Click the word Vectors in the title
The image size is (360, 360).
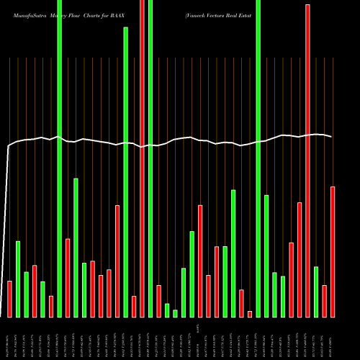coord(218,15)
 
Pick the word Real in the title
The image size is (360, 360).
coord(236,15)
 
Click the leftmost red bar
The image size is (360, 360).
coord(9,299)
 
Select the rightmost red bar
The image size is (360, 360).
coord(333,252)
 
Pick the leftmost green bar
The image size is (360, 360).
coord(18,279)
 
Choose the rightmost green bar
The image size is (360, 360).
coord(316,292)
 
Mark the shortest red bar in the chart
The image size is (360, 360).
coord(250,314)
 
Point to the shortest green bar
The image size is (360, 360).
coord(175,313)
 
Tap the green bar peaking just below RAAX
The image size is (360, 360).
coord(125,173)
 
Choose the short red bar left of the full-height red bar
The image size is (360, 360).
coord(134,306)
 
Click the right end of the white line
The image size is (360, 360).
coord(331,136)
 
